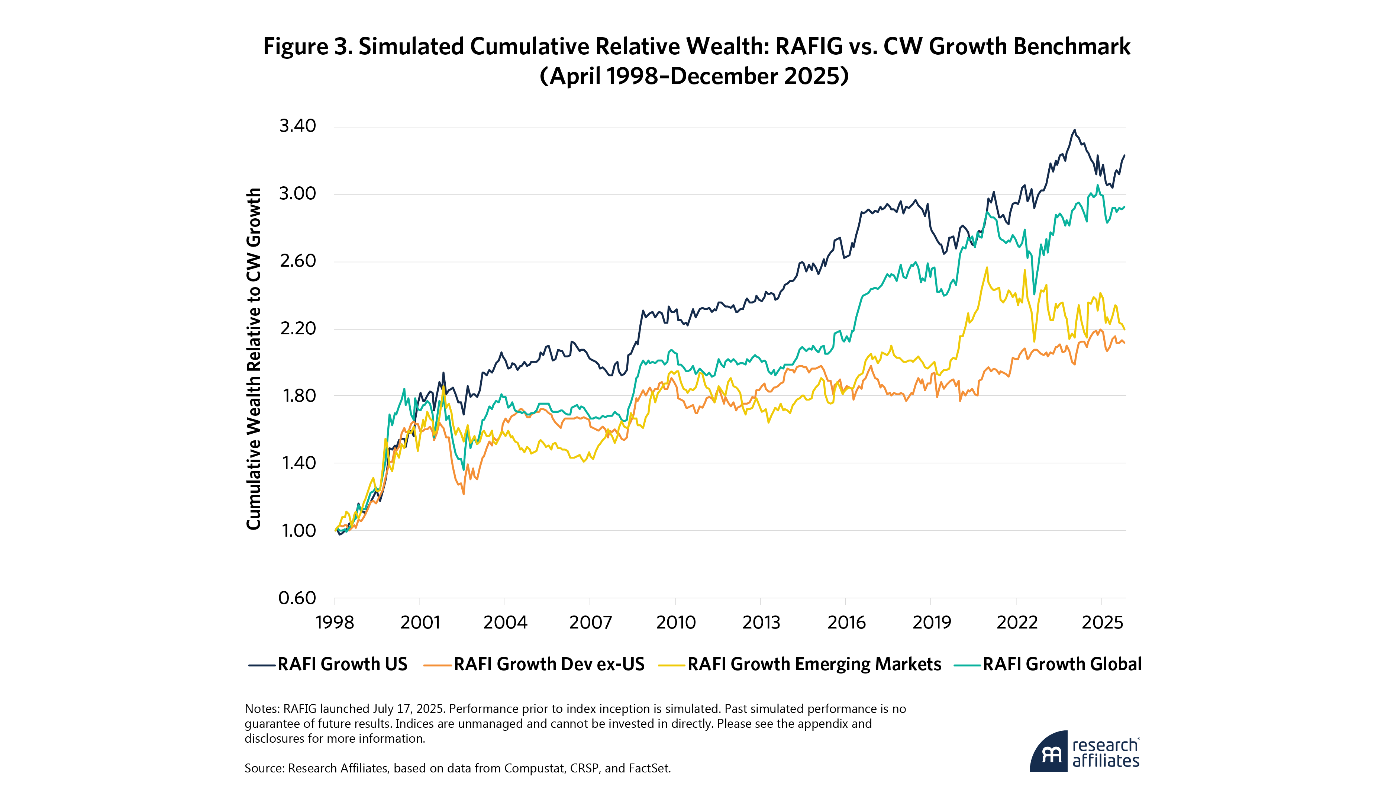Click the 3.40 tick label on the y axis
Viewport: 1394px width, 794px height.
pos(297,126)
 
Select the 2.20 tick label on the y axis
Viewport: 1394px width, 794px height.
pos(297,328)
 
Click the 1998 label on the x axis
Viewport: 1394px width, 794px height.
pos(335,622)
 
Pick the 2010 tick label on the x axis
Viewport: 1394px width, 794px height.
pos(676,622)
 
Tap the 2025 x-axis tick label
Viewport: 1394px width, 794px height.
pos(1102,622)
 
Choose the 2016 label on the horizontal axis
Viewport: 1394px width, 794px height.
pos(846,622)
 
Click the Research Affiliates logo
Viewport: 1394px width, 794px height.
pos(1084,752)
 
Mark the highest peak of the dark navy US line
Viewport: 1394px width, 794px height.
pos(1074,130)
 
